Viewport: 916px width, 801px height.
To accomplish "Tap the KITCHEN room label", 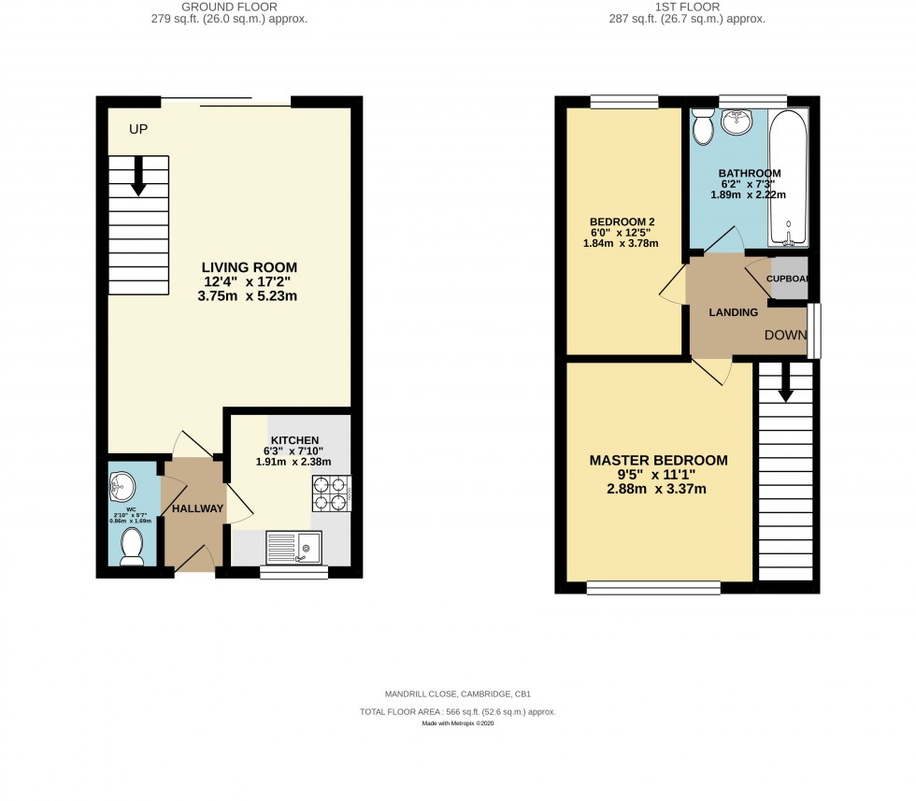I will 295,440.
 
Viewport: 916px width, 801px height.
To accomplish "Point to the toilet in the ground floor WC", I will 132,546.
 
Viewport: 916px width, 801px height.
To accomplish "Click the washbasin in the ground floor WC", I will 122,485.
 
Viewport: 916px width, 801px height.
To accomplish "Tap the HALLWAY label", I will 197,508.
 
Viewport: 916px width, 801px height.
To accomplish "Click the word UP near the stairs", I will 138,129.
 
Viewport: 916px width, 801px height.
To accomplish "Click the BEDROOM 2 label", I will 623,222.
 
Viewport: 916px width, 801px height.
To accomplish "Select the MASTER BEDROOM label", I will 658,460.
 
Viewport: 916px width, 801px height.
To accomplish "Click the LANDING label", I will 733,312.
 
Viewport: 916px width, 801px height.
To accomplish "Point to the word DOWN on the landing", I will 785,335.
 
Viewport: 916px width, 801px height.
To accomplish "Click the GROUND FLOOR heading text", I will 231,7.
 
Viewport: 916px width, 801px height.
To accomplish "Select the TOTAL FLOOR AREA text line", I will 457,711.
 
